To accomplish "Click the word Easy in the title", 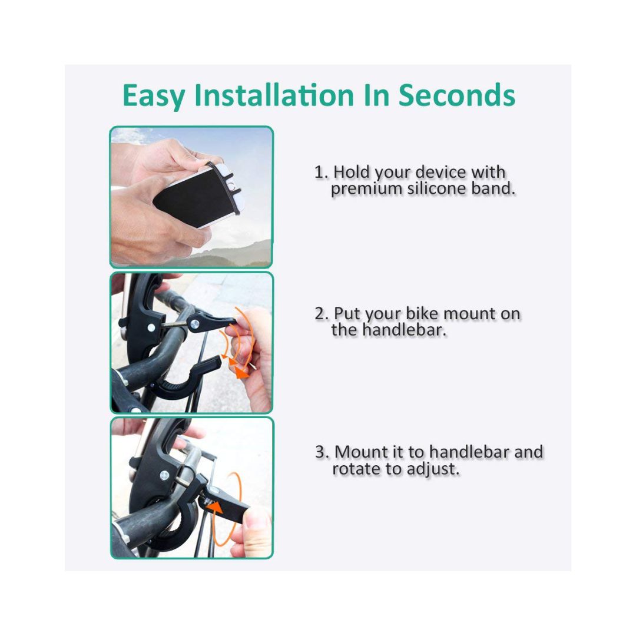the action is pyautogui.click(x=154, y=96).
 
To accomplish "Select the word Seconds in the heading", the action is pyautogui.click(x=457, y=95).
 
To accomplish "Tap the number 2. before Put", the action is pyautogui.click(x=322, y=314).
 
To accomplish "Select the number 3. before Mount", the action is pyautogui.click(x=322, y=452).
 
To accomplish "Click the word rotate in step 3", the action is pyautogui.click(x=356, y=469).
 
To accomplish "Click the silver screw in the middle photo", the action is pyautogui.click(x=195, y=323).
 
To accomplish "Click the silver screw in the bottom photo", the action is pyautogui.click(x=164, y=475).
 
